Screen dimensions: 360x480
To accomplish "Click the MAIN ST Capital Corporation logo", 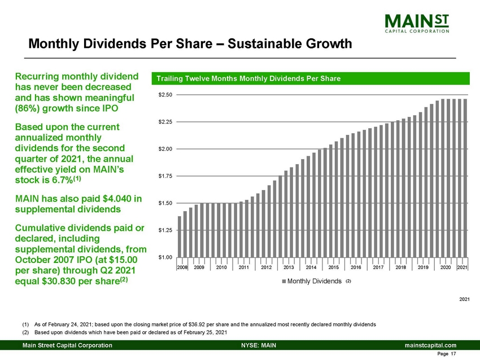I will [417, 24].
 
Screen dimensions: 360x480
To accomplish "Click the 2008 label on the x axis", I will [182, 267].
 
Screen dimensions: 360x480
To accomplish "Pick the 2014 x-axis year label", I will [311, 267].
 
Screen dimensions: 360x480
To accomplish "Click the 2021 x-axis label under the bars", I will [462, 267].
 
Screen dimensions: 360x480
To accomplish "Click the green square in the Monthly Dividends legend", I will [283, 281].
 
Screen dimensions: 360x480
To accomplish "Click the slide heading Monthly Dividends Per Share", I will [190, 43].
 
